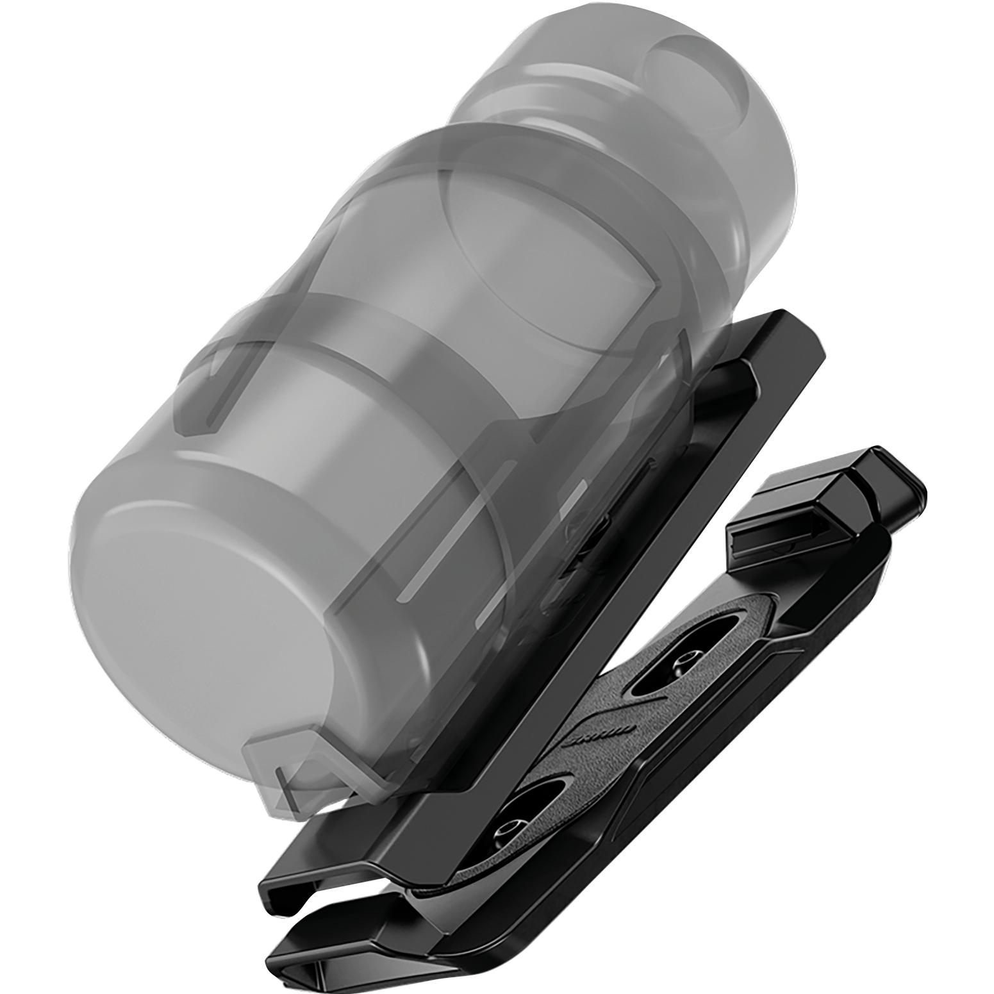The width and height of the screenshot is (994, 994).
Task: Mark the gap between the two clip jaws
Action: [x=359, y=910]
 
